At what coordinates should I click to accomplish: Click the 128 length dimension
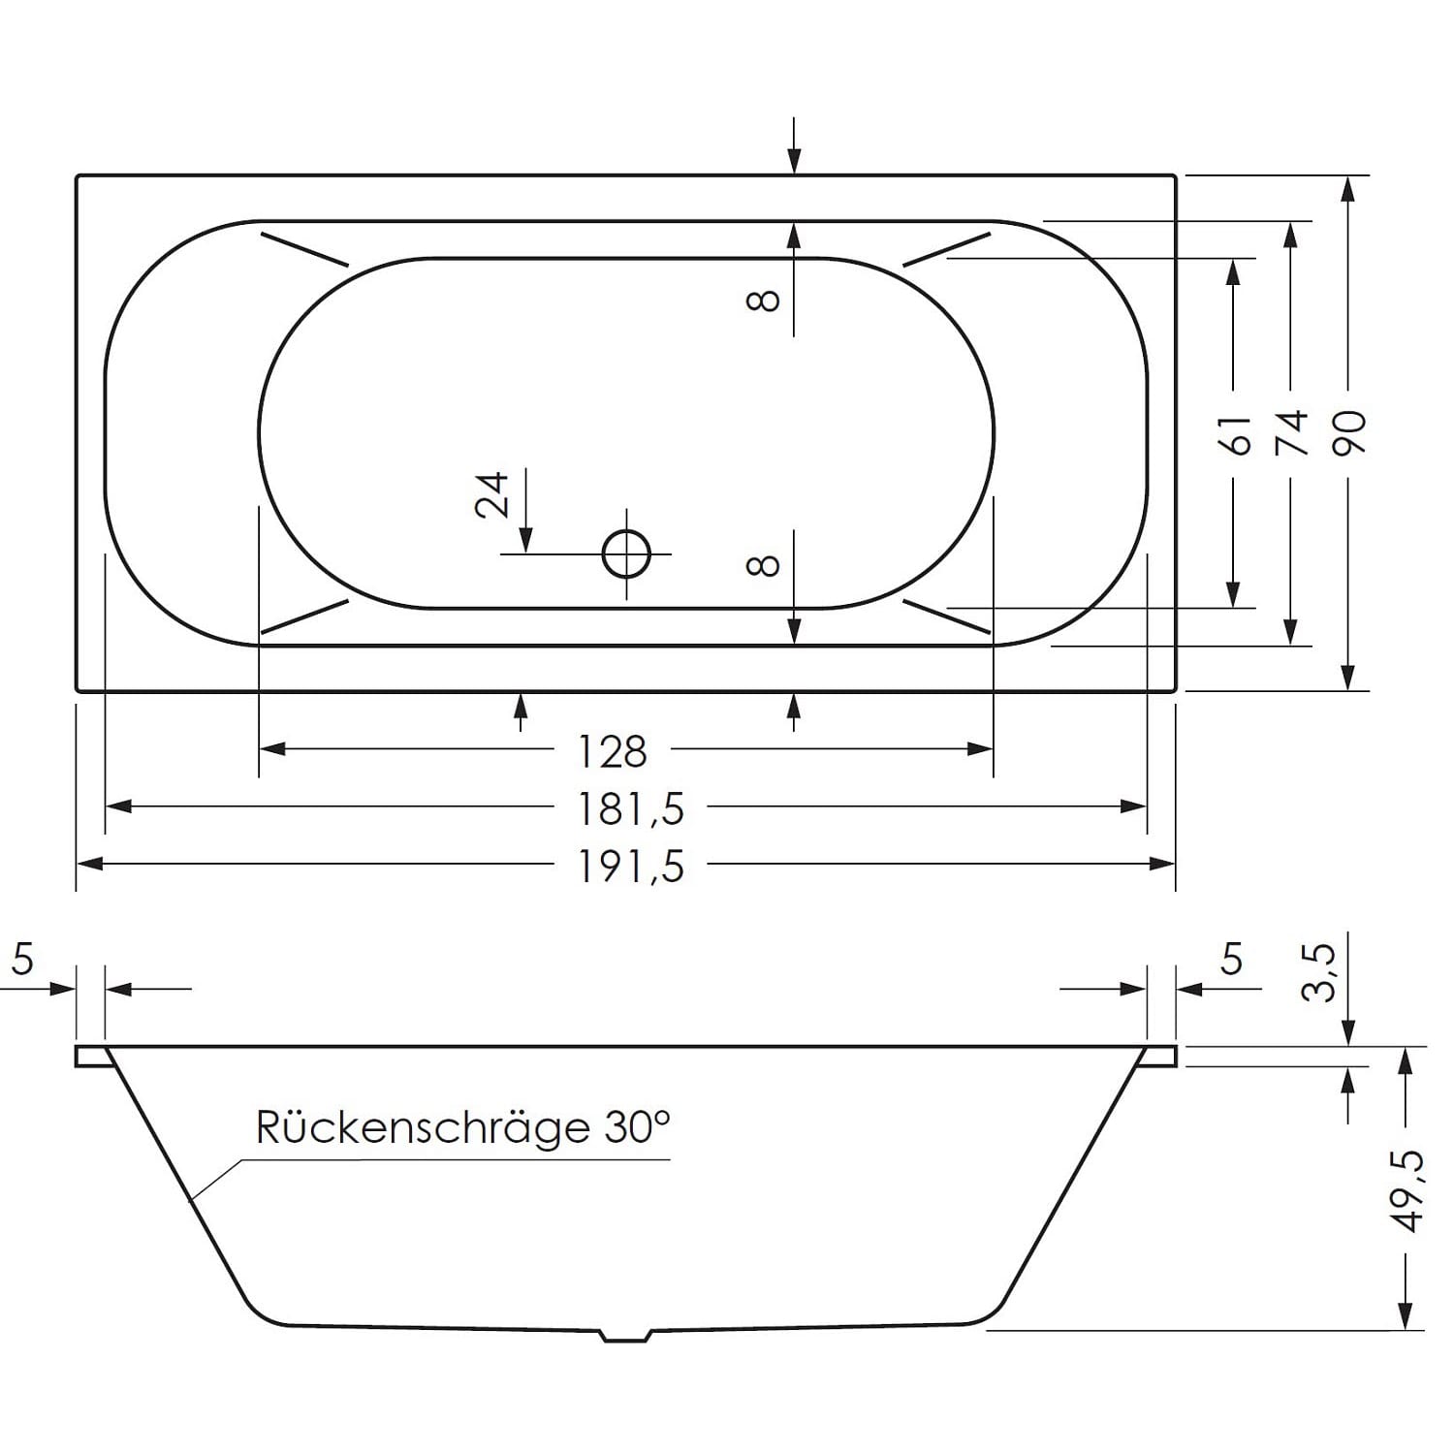(612, 751)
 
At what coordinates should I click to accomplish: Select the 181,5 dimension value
(631, 808)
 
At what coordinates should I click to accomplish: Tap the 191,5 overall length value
(631, 866)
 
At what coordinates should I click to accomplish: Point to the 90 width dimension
(1349, 432)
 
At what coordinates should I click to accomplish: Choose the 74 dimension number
(1292, 432)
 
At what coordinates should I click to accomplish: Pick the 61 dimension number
(1236, 434)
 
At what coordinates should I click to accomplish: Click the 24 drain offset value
(492, 494)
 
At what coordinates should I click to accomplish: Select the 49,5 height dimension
(1408, 1190)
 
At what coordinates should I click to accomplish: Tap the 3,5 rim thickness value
(1322, 972)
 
